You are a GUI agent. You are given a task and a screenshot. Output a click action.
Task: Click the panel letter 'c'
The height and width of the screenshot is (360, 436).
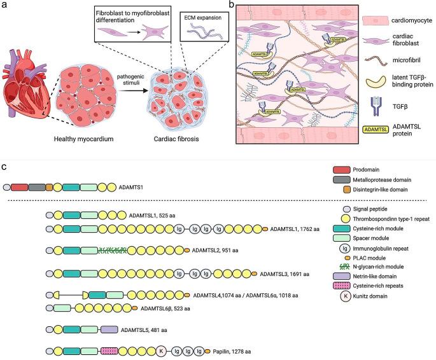[x=4, y=166]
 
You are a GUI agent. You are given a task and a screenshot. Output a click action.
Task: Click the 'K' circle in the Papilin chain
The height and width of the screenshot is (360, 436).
[x=161, y=350]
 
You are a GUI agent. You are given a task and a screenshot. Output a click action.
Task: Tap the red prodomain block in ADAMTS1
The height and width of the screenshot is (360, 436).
[x=19, y=188]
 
